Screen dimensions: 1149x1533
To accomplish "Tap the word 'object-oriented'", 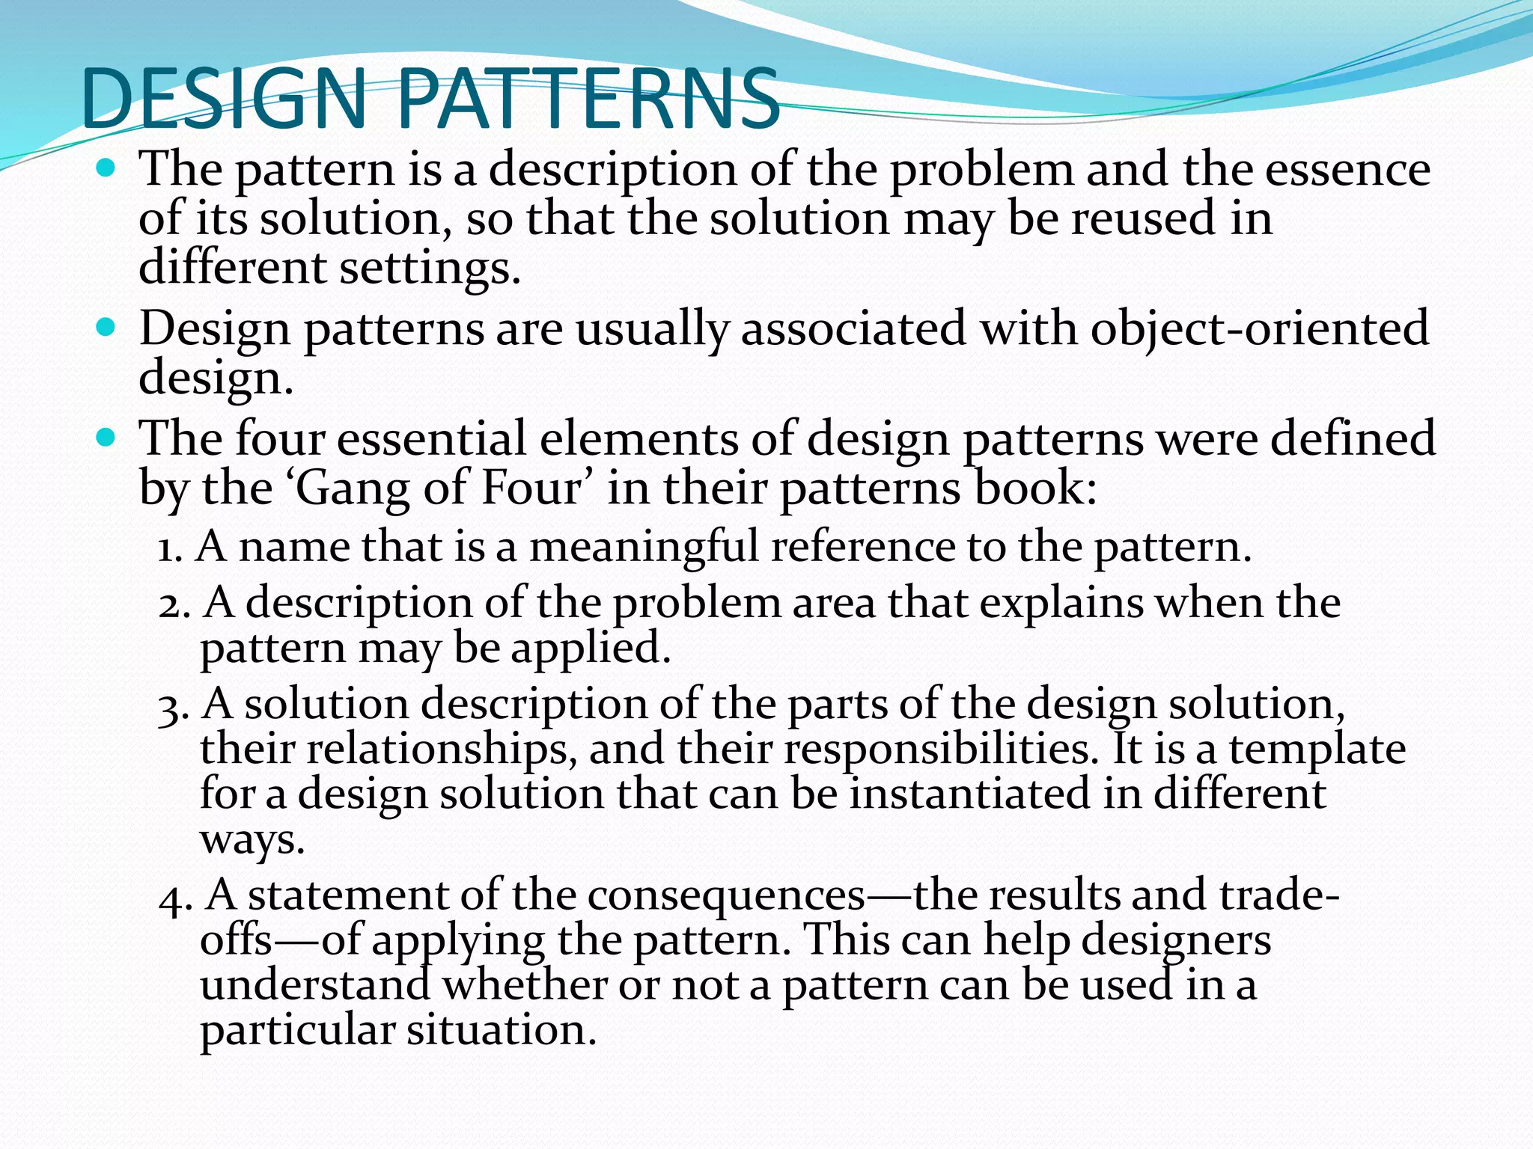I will point(1260,329).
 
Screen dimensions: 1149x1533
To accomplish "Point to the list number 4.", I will point(174,898).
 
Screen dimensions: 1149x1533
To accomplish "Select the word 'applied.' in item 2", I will point(591,648).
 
